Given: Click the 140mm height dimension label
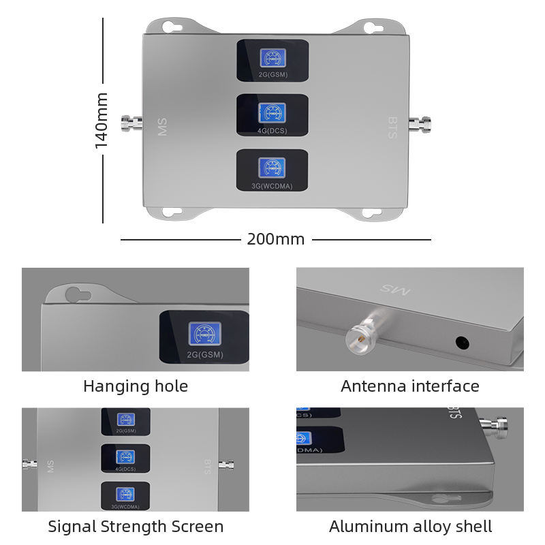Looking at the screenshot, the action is click(102, 121).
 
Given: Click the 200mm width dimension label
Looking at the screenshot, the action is click(275, 239).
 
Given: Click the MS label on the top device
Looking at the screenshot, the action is click(162, 127).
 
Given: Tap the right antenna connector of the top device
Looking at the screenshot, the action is click(420, 124).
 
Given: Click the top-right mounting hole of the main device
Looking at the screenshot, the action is click(370, 27).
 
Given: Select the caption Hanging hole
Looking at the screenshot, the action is click(136, 386).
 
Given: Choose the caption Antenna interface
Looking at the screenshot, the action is click(410, 386).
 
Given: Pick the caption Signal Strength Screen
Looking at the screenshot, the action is click(136, 527).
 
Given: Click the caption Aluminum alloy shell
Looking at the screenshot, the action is click(410, 527).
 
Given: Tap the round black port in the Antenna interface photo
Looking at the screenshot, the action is click(463, 342).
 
